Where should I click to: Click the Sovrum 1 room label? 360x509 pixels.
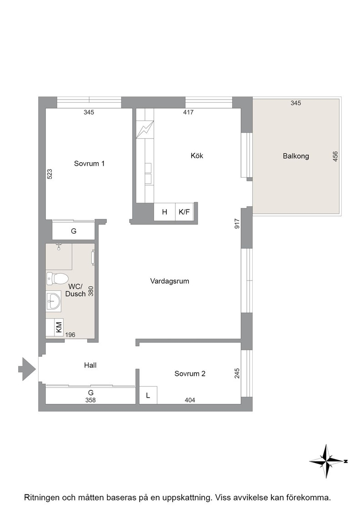click(x=89, y=164)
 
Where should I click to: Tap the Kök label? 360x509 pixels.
click(x=197, y=156)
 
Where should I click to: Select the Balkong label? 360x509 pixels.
click(x=296, y=156)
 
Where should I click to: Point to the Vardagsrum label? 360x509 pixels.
click(x=170, y=281)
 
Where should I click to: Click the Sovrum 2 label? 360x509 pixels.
click(x=190, y=374)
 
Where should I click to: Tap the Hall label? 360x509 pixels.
click(x=90, y=365)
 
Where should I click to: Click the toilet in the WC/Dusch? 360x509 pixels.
click(x=57, y=278)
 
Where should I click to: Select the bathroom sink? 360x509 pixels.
click(x=53, y=300)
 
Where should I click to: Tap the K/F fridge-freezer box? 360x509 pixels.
click(x=185, y=212)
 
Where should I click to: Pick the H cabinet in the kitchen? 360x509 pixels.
click(x=165, y=212)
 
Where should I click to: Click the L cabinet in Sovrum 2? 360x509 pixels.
click(x=148, y=395)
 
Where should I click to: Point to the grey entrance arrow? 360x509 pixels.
click(x=27, y=369)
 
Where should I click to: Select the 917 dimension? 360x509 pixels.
click(x=237, y=224)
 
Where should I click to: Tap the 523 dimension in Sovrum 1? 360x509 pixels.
click(x=50, y=174)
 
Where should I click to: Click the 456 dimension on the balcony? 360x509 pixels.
click(x=335, y=156)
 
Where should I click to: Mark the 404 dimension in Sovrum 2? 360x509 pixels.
click(x=190, y=400)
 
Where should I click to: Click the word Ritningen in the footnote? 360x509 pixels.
click(x=41, y=497)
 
